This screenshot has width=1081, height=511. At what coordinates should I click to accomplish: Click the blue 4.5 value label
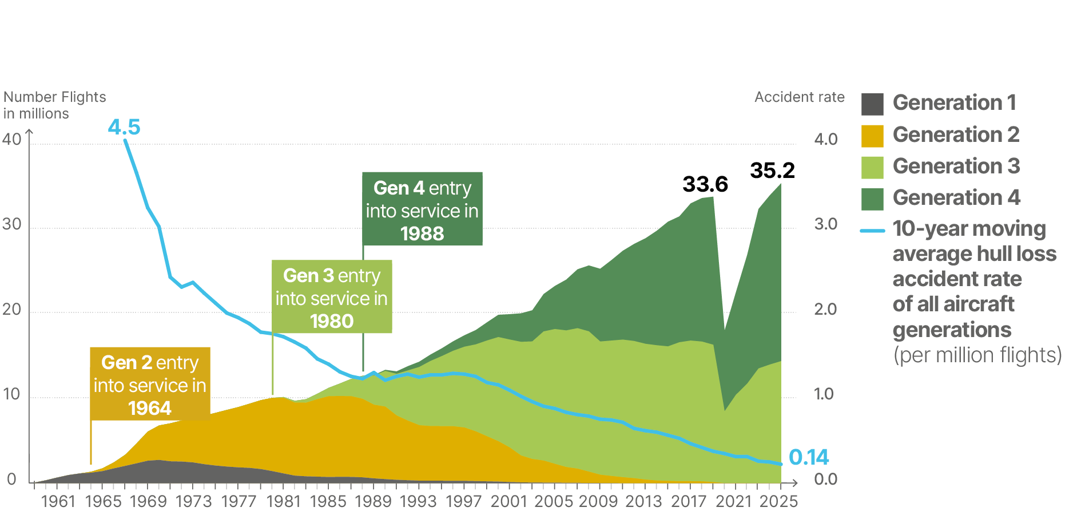point(124,127)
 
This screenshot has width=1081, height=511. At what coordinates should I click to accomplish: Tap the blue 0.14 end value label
point(808,457)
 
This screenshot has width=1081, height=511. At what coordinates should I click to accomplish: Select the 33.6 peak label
point(705,184)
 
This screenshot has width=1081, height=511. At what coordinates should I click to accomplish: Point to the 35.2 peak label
point(772,171)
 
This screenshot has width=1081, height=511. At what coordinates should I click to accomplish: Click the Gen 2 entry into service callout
point(150,384)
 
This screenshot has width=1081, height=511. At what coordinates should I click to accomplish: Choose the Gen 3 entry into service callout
point(332,297)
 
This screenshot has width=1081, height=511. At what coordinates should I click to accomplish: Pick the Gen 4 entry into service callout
point(422,209)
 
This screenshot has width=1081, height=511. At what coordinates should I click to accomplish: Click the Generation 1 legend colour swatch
point(872,104)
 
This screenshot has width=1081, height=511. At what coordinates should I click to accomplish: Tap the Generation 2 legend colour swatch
point(872,136)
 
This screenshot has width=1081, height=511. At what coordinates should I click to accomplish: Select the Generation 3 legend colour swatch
point(872,167)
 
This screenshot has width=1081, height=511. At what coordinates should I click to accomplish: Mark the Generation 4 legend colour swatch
point(872,199)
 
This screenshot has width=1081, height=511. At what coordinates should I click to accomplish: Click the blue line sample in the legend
point(872,231)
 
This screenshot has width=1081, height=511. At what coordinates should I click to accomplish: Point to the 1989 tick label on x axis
point(373,501)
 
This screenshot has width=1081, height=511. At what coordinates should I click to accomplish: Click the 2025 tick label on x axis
point(778,501)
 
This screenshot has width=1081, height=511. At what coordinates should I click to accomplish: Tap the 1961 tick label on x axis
point(58,501)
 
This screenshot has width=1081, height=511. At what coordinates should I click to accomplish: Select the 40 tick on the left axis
point(12,139)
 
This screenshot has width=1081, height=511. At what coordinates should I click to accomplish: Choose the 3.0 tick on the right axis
point(825,224)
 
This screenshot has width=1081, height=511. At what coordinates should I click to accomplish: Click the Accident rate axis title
point(799,97)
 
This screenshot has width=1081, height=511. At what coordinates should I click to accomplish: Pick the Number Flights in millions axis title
point(54,105)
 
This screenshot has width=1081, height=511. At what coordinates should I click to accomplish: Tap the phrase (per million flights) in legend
point(977,355)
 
